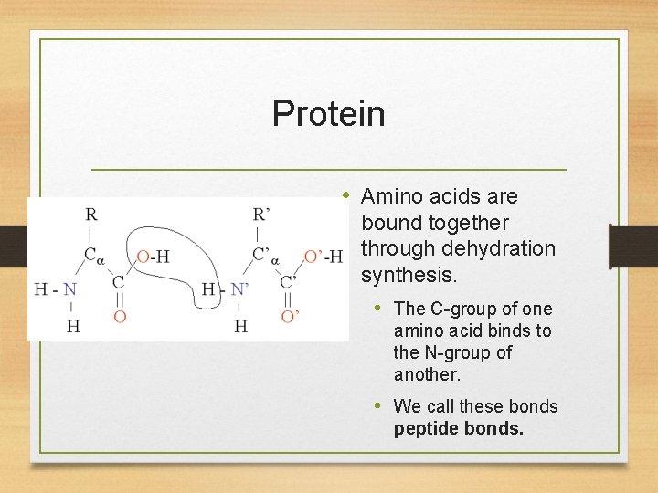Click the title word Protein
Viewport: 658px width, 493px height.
coord(328,114)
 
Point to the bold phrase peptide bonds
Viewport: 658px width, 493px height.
coord(459,428)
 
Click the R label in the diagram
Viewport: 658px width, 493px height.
coord(90,215)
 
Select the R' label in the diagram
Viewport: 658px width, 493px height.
coord(260,215)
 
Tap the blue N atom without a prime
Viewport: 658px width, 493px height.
coord(69,289)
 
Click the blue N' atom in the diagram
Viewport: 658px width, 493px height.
coord(240,289)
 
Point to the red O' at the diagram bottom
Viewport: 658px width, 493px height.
coord(290,317)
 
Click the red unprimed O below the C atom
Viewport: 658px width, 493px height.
coord(120,317)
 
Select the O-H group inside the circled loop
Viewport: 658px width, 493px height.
coord(153,257)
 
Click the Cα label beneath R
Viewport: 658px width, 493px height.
coord(94,255)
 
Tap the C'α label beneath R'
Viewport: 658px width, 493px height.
coord(266,255)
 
